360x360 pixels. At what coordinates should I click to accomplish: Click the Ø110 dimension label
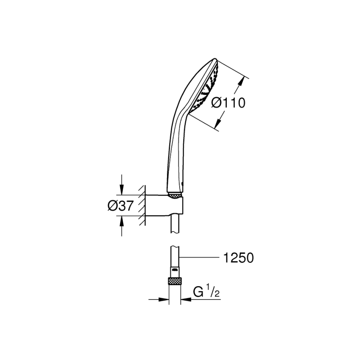228,103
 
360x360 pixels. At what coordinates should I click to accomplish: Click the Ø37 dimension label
121,206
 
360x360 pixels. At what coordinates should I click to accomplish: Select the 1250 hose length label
238,258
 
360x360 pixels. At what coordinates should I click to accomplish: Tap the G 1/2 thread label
206,293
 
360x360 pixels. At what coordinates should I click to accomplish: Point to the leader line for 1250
201,258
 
